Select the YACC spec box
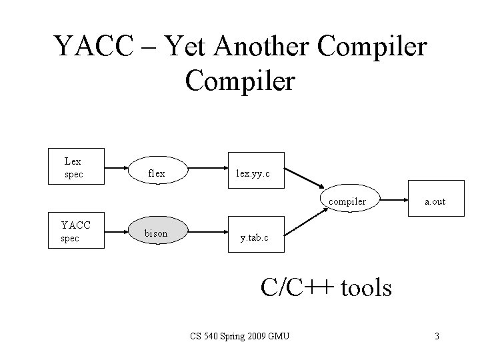point(77,231)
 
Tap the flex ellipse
point(158,173)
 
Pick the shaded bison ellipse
point(158,233)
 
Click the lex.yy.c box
point(254,173)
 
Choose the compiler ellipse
point(347,200)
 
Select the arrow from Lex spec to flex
point(117,169)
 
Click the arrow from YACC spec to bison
point(117,233)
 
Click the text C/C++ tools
point(326,287)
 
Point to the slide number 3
point(437,336)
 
